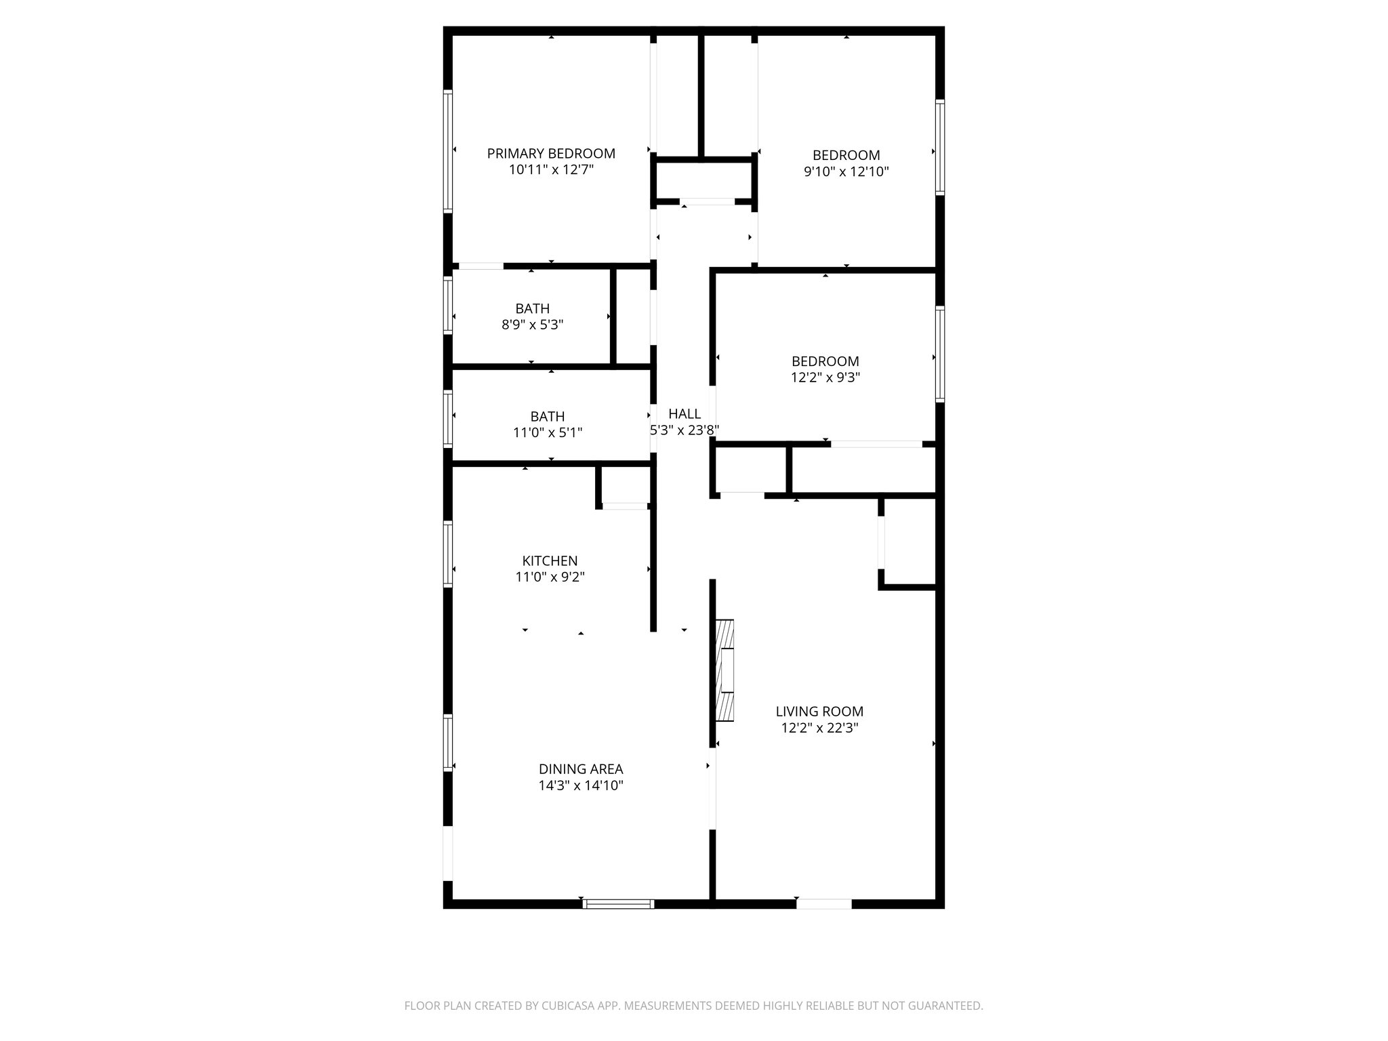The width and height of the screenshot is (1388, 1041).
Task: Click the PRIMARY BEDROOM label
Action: tap(551, 154)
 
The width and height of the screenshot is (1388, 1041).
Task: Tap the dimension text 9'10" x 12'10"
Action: tap(846, 172)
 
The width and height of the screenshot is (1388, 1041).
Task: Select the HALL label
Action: tap(685, 414)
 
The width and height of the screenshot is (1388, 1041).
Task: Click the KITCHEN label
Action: tap(550, 561)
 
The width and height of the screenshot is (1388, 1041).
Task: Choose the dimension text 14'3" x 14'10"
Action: tap(581, 786)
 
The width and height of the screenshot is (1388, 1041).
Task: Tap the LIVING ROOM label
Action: tap(819, 712)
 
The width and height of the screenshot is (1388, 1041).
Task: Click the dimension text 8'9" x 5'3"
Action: tap(532, 325)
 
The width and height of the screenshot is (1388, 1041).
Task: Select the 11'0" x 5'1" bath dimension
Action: tap(548, 432)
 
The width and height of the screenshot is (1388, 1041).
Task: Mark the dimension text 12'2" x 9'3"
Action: tap(825, 378)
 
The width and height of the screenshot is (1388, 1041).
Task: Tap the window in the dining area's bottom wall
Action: tap(618, 903)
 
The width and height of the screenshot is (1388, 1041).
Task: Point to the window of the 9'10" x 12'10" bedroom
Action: tap(940, 147)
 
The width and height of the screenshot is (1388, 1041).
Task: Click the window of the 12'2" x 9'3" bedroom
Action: tap(940, 354)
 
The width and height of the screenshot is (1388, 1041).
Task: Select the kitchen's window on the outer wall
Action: tap(448, 553)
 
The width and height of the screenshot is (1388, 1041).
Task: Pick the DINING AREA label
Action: tap(581, 769)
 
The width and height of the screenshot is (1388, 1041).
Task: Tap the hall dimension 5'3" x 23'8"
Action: tap(685, 430)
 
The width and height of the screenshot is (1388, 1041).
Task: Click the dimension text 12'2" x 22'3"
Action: tap(819, 729)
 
